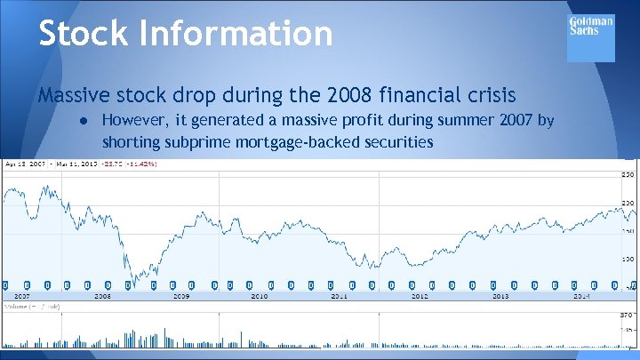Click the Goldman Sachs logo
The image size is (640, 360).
pyautogui.click(x=590, y=36)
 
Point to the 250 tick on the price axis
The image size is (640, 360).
pyautogui.click(x=628, y=174)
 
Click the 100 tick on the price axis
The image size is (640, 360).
pyautogui.click(x=628, y=260)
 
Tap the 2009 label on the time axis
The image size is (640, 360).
pyautogui.click(x=180, y=296)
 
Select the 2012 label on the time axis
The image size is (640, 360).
pyautogui.click(x=420, y=296)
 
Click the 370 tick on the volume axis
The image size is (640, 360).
pyautogui.click(x=628, y=315)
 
